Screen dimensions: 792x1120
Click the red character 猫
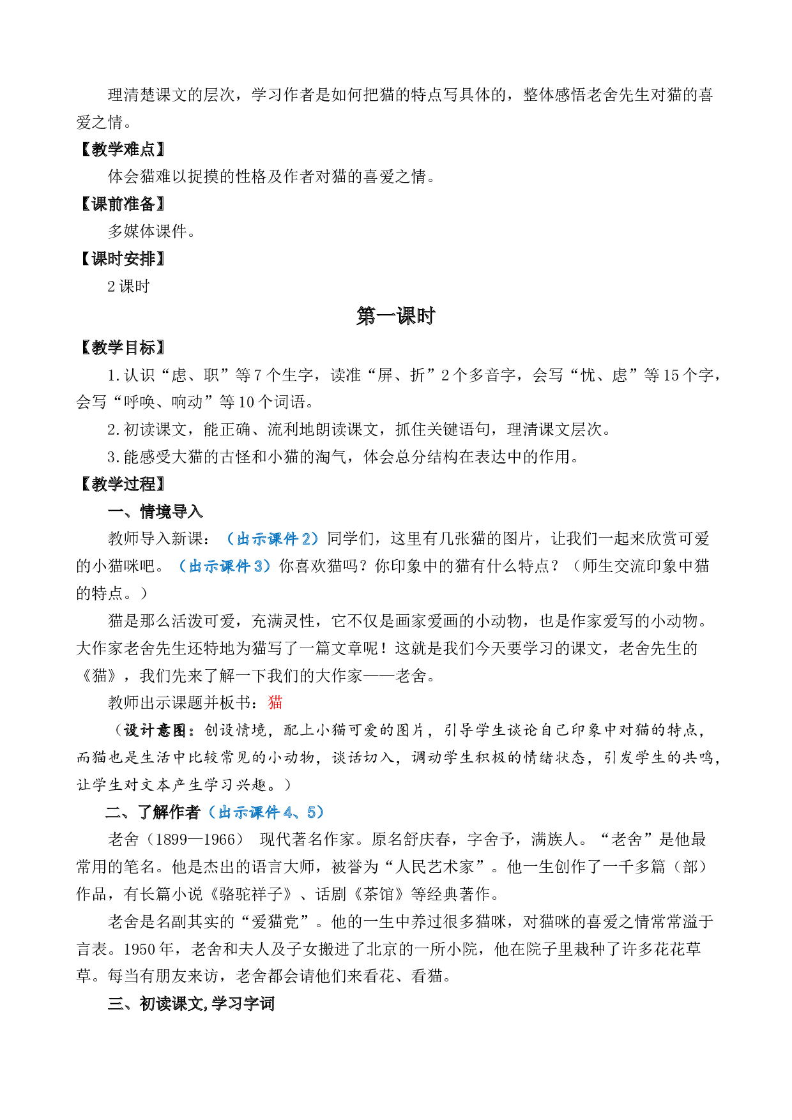[275, 702]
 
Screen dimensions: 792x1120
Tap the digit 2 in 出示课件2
[306, 540]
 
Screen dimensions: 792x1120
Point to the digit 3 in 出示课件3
[258, 566]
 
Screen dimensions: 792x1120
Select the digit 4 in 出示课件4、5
[287, 812]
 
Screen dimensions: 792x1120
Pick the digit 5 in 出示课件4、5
[311, 812]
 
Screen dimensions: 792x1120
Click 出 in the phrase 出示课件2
[243, 540]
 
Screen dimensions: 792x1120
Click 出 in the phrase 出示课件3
[195, 566]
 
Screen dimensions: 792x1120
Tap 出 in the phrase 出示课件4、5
[225, 812]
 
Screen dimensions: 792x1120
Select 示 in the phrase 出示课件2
[259, 540]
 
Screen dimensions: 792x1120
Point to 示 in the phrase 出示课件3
[211, 566]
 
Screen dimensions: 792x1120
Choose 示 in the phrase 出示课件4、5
[241, 812]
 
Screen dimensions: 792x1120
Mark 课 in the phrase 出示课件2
[275, 540]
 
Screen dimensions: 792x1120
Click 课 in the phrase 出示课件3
[227, 566]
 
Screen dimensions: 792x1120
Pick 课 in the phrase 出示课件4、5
[257, 812]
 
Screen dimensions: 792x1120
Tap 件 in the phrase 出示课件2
[291, 540]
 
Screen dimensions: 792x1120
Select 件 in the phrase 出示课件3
[243, 566]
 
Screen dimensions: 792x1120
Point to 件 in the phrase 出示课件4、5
[273, 812]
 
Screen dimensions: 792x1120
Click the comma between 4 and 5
[299, 815]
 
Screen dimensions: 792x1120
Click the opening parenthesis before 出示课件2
[231, 540]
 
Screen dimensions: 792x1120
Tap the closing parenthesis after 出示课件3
[268, 566]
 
